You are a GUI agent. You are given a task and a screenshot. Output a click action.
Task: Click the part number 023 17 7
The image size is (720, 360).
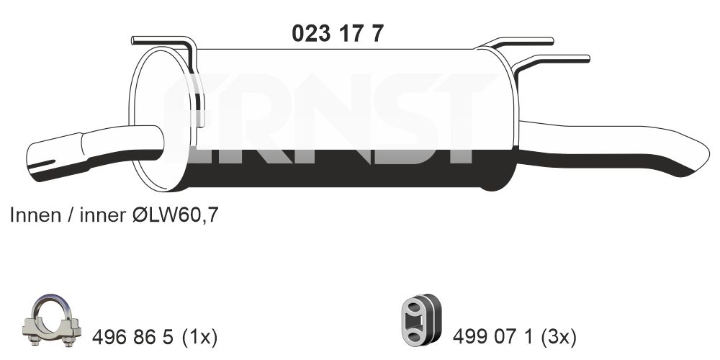click(x=338, y=34)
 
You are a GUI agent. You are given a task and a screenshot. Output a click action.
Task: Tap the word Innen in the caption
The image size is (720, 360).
click(x=35, y=215)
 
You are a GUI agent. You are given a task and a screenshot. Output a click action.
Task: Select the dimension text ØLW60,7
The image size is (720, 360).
click(x=175, y=215)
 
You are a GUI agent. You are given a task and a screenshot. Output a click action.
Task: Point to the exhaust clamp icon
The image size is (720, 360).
click(x=51, y=320)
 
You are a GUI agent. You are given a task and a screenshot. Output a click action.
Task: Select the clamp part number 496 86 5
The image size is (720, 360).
click(x=132, y=338)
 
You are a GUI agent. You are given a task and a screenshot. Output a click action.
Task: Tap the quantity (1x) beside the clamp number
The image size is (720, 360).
click(x=199, y=338)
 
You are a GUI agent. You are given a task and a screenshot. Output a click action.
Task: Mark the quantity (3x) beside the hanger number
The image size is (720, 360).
click(x=559, y=338)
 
